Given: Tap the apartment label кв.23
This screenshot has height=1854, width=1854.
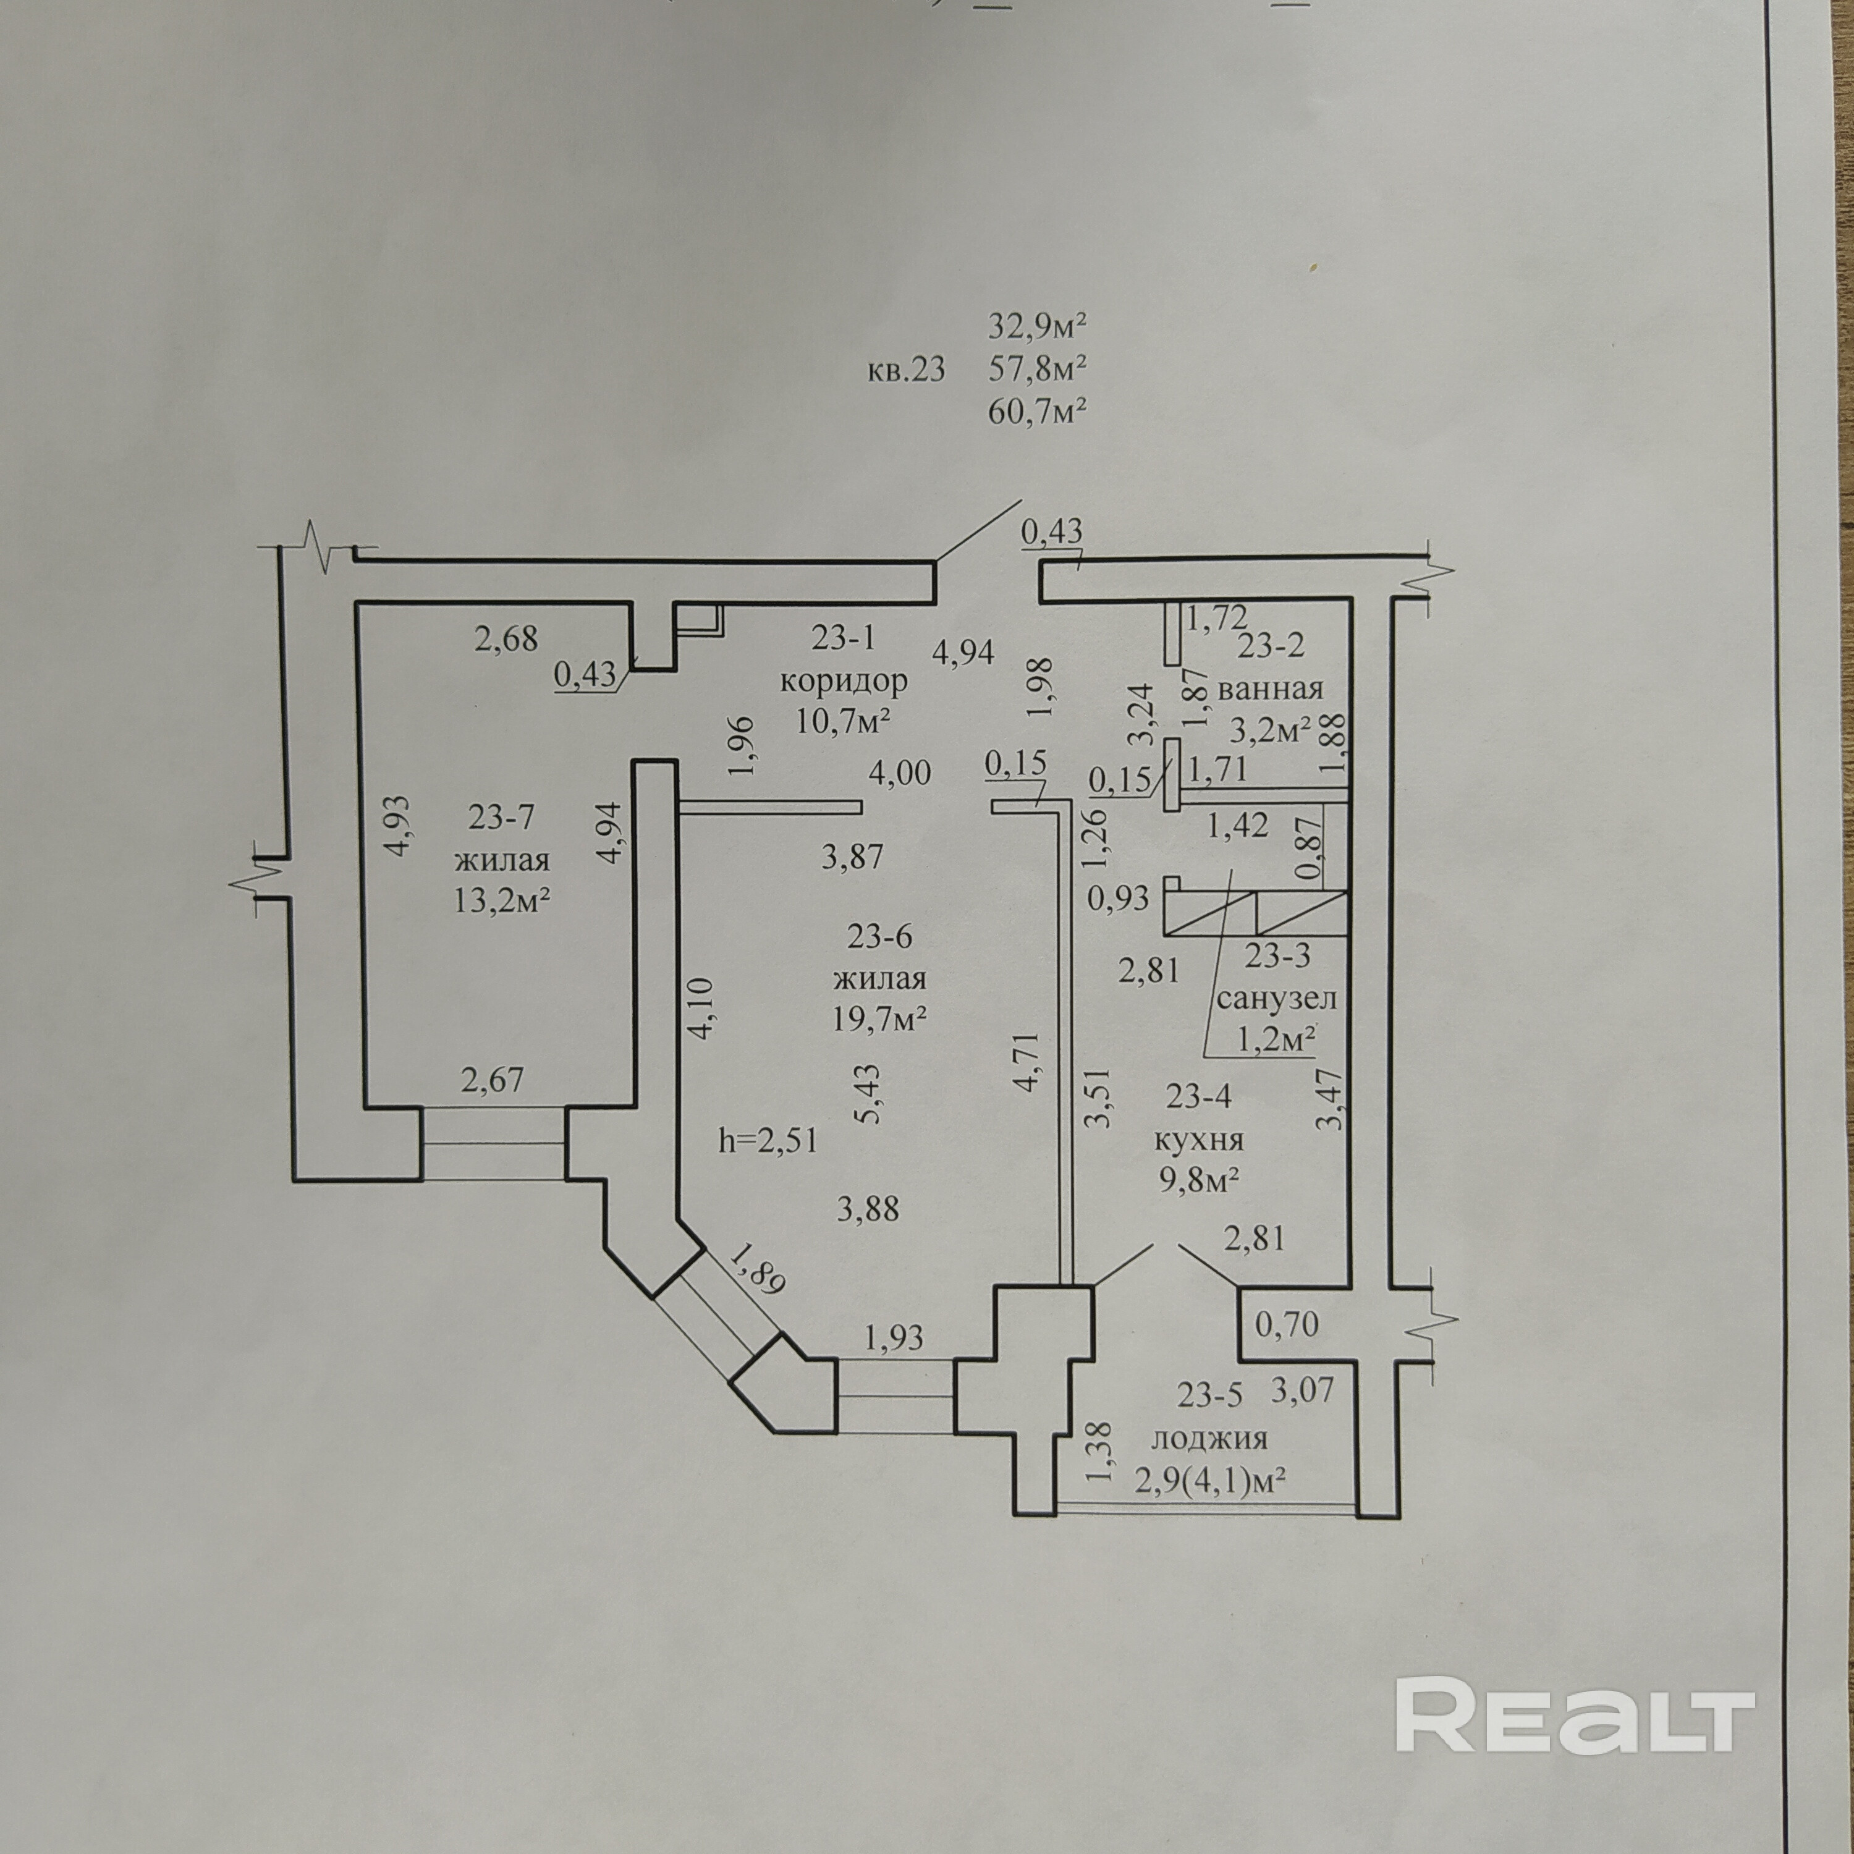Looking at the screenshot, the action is pos(906,370).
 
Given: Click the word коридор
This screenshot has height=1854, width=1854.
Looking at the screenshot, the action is pos(842,681).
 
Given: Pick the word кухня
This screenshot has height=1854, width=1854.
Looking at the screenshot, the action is pos(1198,1140).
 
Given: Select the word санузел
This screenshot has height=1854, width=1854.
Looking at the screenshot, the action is pos(1276,998).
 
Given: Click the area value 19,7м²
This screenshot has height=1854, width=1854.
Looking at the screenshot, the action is pos(879,1018).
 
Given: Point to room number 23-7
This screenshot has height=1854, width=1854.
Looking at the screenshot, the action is pos(501,816).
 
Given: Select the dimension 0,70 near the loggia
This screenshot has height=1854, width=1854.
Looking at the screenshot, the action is pos(1287,1325).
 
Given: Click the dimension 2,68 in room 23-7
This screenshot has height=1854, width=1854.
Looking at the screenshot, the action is pos(506,638).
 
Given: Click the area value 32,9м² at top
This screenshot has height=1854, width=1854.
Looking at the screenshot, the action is pos(1036,326).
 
